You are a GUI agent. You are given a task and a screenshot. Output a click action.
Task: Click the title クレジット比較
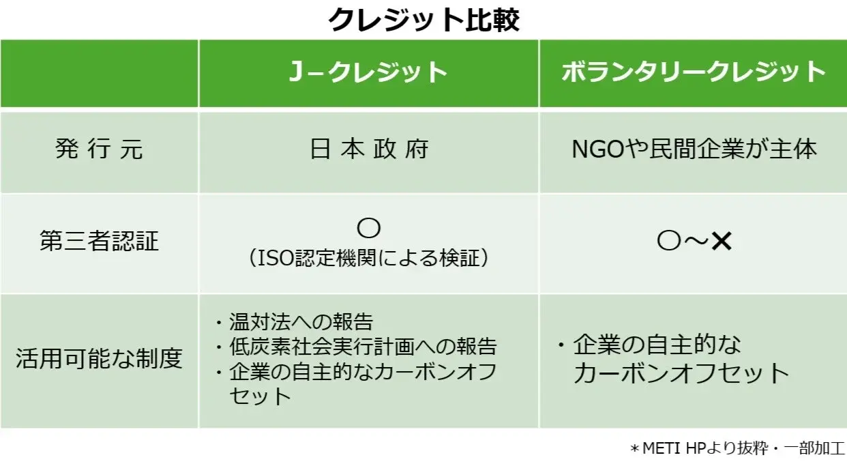pos(423,20)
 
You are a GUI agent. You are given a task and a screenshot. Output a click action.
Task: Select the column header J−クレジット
pos(368,73)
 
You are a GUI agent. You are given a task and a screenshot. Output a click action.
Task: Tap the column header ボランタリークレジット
pos(694,73)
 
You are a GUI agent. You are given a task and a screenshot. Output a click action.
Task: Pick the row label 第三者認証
pos(100,242)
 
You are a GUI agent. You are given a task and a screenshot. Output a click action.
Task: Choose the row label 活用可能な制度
pos(100,359)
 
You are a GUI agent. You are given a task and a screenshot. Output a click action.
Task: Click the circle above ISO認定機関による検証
pos(369,228)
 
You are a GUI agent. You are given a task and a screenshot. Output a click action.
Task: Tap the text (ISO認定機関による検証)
pos(369,259)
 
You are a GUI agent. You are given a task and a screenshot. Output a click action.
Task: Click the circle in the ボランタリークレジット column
pos(669,242)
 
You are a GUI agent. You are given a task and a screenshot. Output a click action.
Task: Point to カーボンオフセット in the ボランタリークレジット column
pos(681,373)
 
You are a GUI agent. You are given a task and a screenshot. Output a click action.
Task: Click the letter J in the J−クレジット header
pos(295,73)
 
